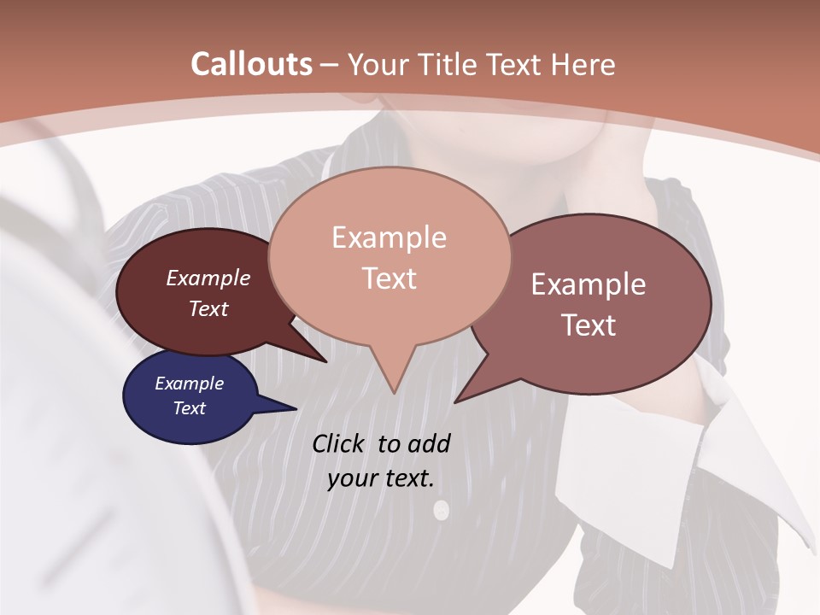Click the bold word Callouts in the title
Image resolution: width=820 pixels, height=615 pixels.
pos(251,64)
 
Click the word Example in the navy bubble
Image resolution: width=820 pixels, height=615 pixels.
pos(189,384)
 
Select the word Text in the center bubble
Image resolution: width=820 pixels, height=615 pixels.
pos(389,278)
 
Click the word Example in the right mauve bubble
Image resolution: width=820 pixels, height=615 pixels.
pos(589,284)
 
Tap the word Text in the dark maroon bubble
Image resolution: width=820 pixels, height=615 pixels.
pos(208,308)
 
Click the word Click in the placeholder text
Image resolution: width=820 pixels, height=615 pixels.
pos(337,443)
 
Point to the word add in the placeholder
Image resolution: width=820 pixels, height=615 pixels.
pos(429,443)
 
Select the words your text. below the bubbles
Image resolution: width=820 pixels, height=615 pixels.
pos(380,478)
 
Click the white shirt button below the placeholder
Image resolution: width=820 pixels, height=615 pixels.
pos(441,511)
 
